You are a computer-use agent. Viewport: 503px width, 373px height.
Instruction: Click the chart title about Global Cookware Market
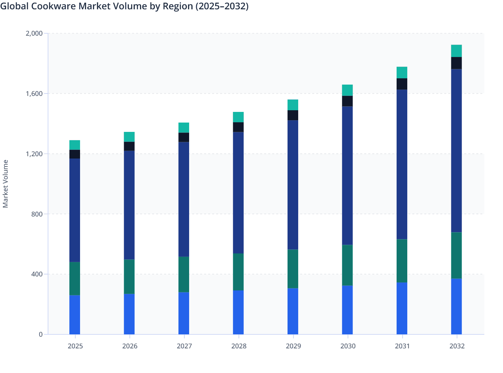coord(124,6)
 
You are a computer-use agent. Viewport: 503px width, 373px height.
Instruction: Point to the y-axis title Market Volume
coord(5,184)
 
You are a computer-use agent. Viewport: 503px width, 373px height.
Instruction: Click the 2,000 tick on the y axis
coord(34,33)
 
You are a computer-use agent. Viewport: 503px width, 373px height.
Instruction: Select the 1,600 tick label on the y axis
coord(34,94)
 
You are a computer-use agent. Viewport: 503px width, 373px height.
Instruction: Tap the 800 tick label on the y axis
coord(37,214)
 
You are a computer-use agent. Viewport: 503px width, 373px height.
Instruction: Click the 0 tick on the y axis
coord(41,334)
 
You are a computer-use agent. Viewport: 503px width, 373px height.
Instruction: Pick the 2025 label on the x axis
coord(75,346)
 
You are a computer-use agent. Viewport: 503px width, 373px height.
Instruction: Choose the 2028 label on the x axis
coord(239,346)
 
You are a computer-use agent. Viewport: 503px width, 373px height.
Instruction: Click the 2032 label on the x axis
coord(457,346)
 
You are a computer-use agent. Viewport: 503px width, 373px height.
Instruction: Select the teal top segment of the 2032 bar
coord(456,51)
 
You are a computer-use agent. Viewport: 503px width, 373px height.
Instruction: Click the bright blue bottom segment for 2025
coord(75,315)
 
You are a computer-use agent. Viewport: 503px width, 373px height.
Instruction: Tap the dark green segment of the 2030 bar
coord(347,265)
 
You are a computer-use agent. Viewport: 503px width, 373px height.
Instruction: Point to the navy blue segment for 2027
coord(184,199)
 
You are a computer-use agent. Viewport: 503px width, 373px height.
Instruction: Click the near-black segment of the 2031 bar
coord(402,84)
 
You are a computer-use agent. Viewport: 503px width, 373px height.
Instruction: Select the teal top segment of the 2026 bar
coord(129,137)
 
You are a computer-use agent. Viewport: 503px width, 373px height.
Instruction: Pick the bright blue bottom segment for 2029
coord(293,311)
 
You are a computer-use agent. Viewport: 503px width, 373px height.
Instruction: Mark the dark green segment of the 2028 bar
coord(238,272)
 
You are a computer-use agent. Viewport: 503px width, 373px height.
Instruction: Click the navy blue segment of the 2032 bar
coord(456,151)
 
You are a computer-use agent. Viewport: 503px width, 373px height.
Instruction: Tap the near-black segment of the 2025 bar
coord(75,154)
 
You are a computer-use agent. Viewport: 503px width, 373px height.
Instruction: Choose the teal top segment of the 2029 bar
coord(293,105)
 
